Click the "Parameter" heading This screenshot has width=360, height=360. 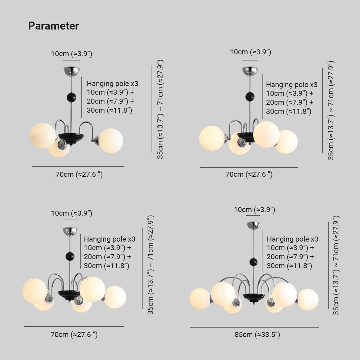[x=53, y=26]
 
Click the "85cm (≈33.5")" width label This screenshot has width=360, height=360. [x=257, y=335]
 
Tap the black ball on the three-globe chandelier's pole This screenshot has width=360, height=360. [x=71, y=97]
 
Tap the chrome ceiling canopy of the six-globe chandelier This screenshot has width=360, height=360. [x=253, y=225]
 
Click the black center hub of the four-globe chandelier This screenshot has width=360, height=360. [x=246, y=136]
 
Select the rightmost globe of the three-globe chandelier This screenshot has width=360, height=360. [x=111, y=140]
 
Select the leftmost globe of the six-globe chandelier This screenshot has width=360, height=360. [x=200, y=298]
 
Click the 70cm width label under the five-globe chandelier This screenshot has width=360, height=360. [x=74, y=335]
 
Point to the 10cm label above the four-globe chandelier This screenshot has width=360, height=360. [x=251, y=52]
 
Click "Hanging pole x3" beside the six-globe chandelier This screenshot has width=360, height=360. [x=292, y=239]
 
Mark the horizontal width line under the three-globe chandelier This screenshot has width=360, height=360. [x=78, y=166]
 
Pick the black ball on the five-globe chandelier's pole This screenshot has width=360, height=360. [x=70, y=256]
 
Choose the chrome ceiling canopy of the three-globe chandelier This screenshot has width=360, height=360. [x=72, y=71]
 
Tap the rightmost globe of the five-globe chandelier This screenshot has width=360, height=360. [x=115, y=297]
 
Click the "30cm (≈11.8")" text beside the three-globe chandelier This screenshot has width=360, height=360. [x=109, y=110]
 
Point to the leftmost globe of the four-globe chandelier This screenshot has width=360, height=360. [x=212, y=138]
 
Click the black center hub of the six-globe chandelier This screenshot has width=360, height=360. [x=253, y=297]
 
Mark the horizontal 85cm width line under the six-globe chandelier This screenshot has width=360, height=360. [x=255, y=327]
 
